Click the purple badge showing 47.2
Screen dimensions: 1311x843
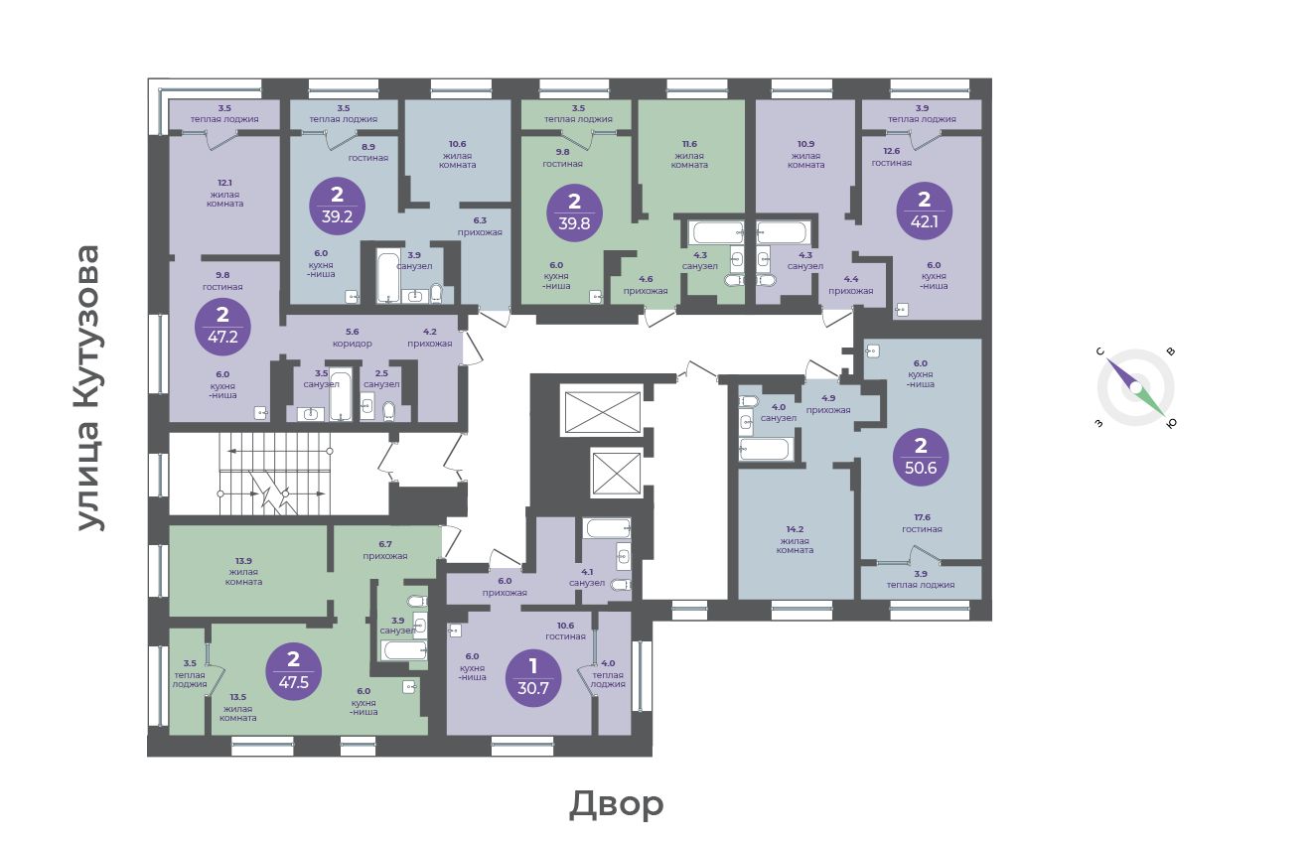pos(222,327)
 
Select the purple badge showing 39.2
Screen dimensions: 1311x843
pos(337,206)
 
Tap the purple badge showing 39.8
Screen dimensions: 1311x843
pos(574,212)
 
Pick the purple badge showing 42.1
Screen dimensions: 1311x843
pos(924,211)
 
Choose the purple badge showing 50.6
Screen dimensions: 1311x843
pos(921,458)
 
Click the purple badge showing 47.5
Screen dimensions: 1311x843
pos(293,671)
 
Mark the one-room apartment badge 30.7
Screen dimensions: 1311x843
pos(532,678)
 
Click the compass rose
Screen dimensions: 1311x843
pos(1135,388)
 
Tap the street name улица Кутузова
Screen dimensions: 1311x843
pos(89,388)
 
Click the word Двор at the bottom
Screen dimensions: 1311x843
pos(617,805)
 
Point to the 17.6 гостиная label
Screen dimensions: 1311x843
pos(922,523)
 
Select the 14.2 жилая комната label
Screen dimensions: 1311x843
pos(795,539)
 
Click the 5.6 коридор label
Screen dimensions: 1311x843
pos(353,338)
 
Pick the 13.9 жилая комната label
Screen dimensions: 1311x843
pos(243,571)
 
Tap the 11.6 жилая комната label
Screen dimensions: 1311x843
pos(689,155)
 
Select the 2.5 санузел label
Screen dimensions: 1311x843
pos(381,378)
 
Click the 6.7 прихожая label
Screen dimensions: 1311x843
pos(385,550)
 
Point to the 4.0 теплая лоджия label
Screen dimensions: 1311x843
pos(608,673)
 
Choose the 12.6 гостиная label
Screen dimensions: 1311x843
pos(891,157)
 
